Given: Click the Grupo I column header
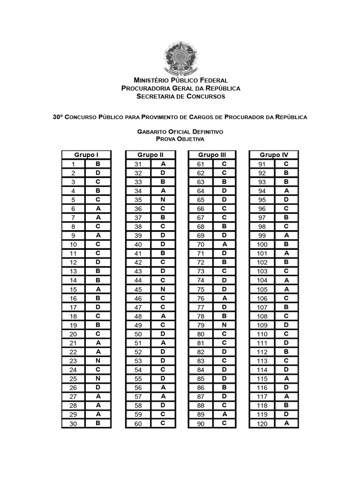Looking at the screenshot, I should click(86, 155).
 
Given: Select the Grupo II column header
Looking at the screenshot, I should click(150, 155).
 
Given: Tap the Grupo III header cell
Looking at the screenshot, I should click(212, 155).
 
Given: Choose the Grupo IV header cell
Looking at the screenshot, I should click(274, 155).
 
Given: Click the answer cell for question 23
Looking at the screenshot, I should click(98, 361).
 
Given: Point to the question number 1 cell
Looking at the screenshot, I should click(74, 165).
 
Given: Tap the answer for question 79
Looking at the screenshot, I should click(225, 325).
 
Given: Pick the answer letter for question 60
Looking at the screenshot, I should click(163, 423).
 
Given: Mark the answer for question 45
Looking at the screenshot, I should click(163, 289).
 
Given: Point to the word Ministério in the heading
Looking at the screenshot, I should click(153, 80).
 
